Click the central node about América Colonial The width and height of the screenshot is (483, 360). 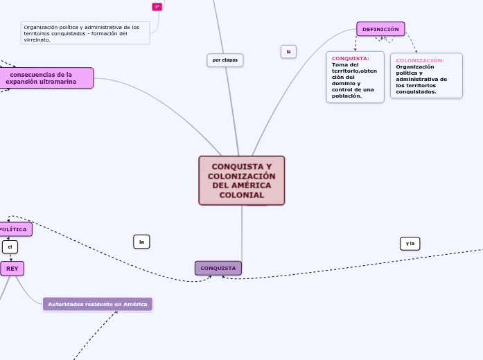pyautogui.click(x=241, y=180)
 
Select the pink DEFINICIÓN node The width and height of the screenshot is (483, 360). pyautogui.click(x=380, y=29)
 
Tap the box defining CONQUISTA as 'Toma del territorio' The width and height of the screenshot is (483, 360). pyautogui.click(x=355, y=77)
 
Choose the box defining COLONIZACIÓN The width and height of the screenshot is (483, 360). pyautogui.click(x=425, y=75)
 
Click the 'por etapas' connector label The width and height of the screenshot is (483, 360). pyautogui.click(x=225, y=60)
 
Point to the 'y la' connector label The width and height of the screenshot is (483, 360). pyautogui.click(x=410, y=243)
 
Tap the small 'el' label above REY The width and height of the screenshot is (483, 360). pyautogui.click(x=10, y=247)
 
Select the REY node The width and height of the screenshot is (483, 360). pyautogui.click(x=12, y=268)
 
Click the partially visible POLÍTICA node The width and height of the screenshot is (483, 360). pyautogui.click(x=14, y=229)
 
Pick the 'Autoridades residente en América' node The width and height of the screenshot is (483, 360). pyautogui.click(x=97, y=304)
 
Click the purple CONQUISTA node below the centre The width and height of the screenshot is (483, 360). pyautogui.click(x=218, y=268)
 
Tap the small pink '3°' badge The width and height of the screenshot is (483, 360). pyautogui.click(x=157, y=7)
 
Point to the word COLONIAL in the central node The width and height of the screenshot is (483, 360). pyautogui.click(x=242, y=195)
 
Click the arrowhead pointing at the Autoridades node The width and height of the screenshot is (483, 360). pyautogui.click(x=116, y=312)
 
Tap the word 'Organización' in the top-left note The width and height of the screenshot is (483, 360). pyautogui.click(x=39, y=27)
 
